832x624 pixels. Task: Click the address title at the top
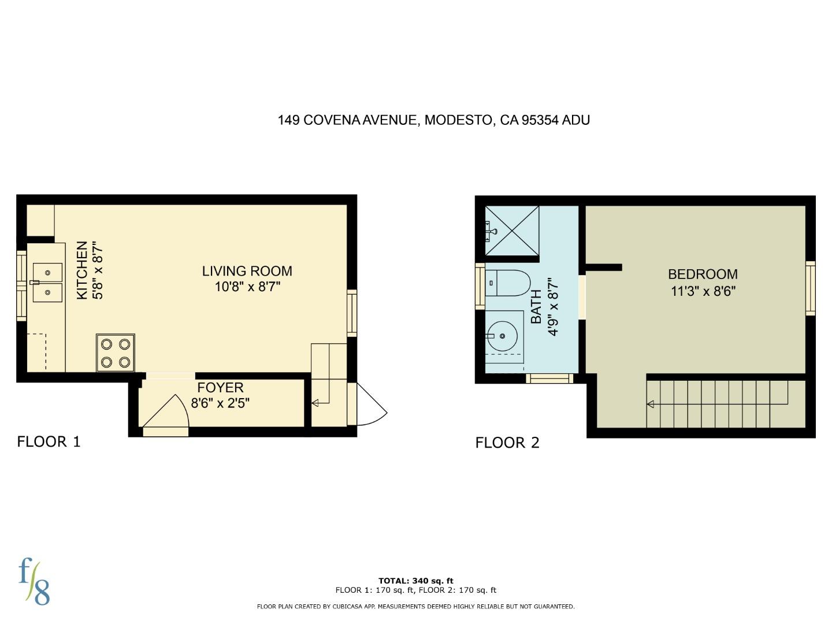tap(433, 120)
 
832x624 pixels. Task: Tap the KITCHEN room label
tap(82, 270)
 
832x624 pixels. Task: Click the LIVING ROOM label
tap(247, 271)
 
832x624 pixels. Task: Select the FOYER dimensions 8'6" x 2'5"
tap(220, 403)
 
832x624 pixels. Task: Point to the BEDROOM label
tap(703, 274)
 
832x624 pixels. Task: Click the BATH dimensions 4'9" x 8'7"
tap(554, 307)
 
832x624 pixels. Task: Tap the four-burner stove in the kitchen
tap(116, 352)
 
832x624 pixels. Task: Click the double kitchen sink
tap(47, 283)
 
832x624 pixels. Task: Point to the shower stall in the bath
tap(511, 230)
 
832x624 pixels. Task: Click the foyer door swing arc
tap(168, 411)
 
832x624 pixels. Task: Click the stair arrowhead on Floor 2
tap(651, 404)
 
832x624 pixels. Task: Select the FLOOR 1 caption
tap(49, 442)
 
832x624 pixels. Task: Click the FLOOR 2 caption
tap(507, 443)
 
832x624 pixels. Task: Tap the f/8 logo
tap(34, 581)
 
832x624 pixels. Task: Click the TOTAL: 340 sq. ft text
tap(415, 581)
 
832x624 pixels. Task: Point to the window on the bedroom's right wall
tap(810, 288)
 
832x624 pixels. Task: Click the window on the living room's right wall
tap(351, 313)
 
